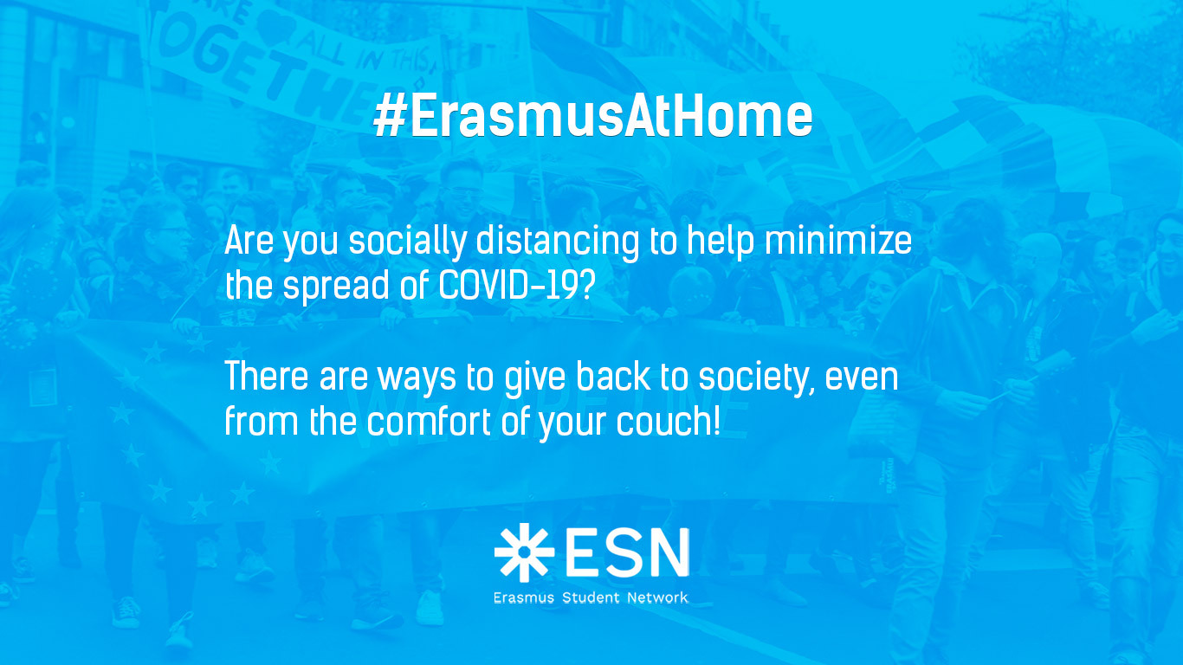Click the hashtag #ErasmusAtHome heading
click(592, 116)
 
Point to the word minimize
click(838, 241)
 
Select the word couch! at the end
click(668, 422)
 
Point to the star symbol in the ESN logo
click(524, 552)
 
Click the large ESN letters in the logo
click(627, 552)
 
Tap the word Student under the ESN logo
click(591, 597)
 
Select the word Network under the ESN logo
click(657, 597)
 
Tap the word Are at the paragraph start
click(249, 241)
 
